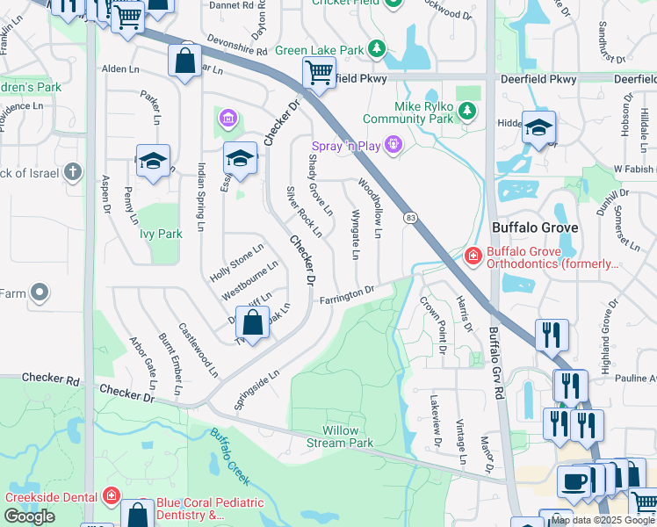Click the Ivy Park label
[x=160, y=235]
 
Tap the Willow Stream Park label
[x=347, y=437]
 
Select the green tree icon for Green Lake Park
[x=377, y=47]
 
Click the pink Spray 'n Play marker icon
[x=393, y=142]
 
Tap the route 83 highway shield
[x=410, y=217]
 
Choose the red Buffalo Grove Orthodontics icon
[x=473, y=255]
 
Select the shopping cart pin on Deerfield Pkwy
[x=318, y=72]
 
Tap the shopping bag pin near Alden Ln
[x=184, y=62]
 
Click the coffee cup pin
[x=574, y=482]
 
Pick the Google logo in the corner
[x=29, y=516]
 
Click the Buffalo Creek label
[x=231, y=457]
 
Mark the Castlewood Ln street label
[x=198, y=350]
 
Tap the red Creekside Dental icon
[x=111, y=496]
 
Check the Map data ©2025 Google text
[x=602, y=520]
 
